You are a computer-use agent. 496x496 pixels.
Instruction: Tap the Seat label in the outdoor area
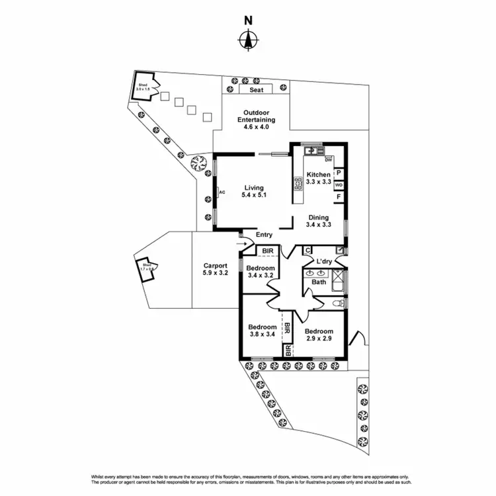point(256,90)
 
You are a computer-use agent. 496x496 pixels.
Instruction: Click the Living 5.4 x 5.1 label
point(254,191)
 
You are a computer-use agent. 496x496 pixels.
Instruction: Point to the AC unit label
point(222,192)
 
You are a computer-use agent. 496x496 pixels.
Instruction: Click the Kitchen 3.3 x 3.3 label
point(318,178)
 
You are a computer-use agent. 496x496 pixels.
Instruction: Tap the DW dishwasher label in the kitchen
point(329,159)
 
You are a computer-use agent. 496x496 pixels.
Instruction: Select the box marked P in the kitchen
point(339,173)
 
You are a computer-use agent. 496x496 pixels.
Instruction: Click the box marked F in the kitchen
point(339,197)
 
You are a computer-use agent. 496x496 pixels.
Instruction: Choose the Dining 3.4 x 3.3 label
point(318,220)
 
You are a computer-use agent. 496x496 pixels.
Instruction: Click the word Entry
point(255,234)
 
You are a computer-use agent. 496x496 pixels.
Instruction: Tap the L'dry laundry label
point(323,262)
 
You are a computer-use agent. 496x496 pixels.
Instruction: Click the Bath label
point(319,282)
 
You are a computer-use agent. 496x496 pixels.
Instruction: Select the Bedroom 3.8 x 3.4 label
point(262,331)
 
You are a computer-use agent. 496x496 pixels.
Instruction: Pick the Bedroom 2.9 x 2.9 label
point(318,335)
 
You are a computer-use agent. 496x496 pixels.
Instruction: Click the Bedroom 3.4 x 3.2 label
point(261,272)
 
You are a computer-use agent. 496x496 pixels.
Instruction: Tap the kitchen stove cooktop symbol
point(298,186)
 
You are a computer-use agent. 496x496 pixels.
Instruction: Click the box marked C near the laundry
point(308,250)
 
